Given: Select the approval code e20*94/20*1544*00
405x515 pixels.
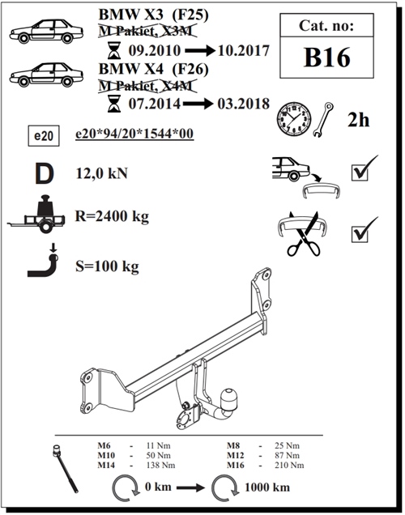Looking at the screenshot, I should (x=134, y=134).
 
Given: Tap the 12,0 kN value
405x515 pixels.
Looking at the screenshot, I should (x=101, y=173).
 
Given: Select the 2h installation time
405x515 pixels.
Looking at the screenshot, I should (x=358, y=120).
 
